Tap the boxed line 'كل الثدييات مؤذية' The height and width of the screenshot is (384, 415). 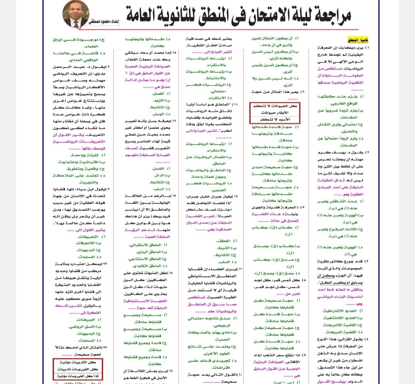pos(78,363)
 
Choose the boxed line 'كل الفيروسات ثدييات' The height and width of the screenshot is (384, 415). pos(78,369)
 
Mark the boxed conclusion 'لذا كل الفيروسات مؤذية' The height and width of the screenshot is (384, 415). pos(78,376)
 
